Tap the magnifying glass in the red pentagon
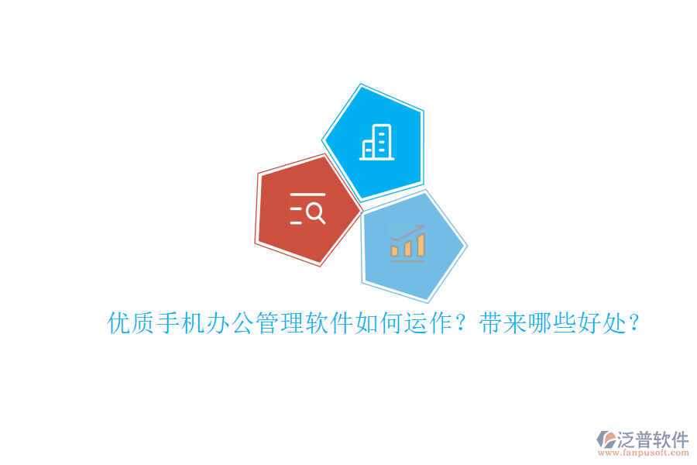click(315, 212)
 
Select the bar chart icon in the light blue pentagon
click(407, 242)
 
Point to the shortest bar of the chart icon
click(395, 250)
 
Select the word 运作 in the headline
click(424, 323)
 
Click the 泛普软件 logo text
click(652, 439)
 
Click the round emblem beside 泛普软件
click(606, 440)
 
